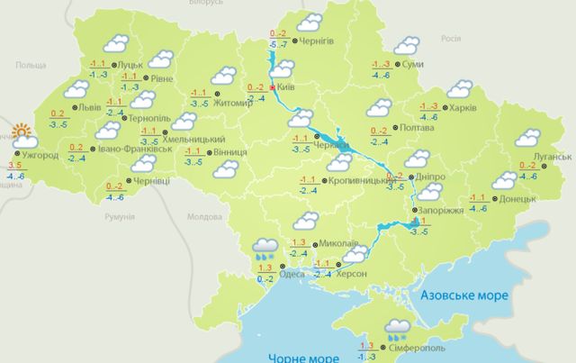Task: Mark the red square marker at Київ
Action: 273,88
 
